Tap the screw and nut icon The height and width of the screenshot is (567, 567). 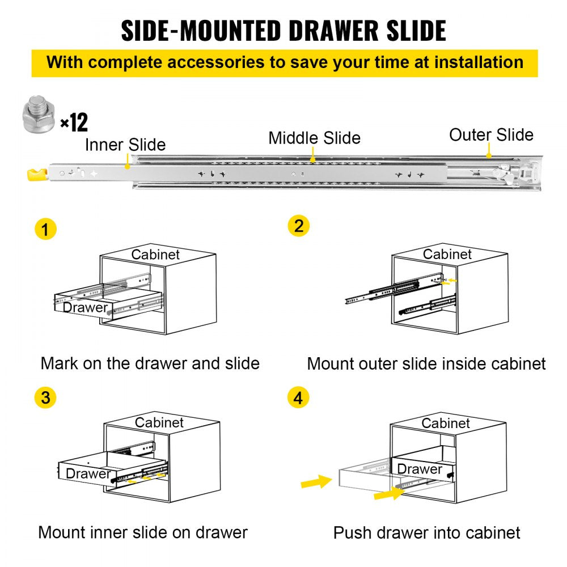coord(39,116)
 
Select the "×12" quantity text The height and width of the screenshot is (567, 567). coord(74,122)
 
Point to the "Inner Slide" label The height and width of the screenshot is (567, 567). coord(125,145)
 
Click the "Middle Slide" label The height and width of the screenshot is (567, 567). coord(314,138)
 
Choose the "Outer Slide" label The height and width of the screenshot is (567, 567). coord(491,135)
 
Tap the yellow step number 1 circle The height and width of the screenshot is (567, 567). coord(46,230)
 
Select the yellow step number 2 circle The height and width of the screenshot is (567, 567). coord(299,226)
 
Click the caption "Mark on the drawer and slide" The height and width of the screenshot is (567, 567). coord(150,363)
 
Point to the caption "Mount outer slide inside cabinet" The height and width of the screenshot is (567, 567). coord(426,363)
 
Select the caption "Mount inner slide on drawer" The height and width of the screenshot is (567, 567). coord(143,532)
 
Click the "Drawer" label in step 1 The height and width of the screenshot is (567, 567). coord(85,308)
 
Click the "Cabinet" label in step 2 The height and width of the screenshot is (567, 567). coord(447,253)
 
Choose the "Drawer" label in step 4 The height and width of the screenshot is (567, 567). coord(419,469)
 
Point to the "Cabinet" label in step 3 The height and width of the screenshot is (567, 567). coord(159,423)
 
